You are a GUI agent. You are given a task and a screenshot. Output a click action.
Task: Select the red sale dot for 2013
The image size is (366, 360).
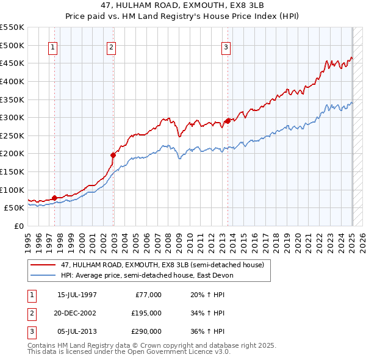(x=228, y=121)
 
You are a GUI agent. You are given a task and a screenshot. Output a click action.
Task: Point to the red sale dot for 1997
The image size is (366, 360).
(x=54, y=198)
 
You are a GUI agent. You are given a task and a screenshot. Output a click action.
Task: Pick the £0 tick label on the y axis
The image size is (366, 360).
(x=18, y=226)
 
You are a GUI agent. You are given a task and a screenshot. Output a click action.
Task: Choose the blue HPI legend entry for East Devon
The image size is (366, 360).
(x=146, y=275)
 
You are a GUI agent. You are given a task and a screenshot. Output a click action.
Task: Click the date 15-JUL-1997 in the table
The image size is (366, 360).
(x=77, y=295)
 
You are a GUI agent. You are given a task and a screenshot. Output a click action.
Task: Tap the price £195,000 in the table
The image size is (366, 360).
(x=146, y=314)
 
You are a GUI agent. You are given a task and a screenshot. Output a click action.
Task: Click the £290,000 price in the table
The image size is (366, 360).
(x=146, y=332)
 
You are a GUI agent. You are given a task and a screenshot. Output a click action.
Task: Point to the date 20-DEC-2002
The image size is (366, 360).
(x=77, y=314)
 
